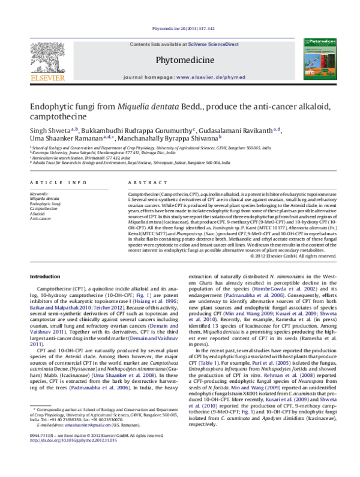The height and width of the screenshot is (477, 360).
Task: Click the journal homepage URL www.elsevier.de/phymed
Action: tap(208, 78)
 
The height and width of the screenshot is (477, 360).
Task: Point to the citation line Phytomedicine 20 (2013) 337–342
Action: tap(179, 28)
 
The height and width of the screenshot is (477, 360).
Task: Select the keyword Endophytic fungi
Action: tap(45, 205)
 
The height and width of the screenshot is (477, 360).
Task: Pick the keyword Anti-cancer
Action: tap(40, 219)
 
